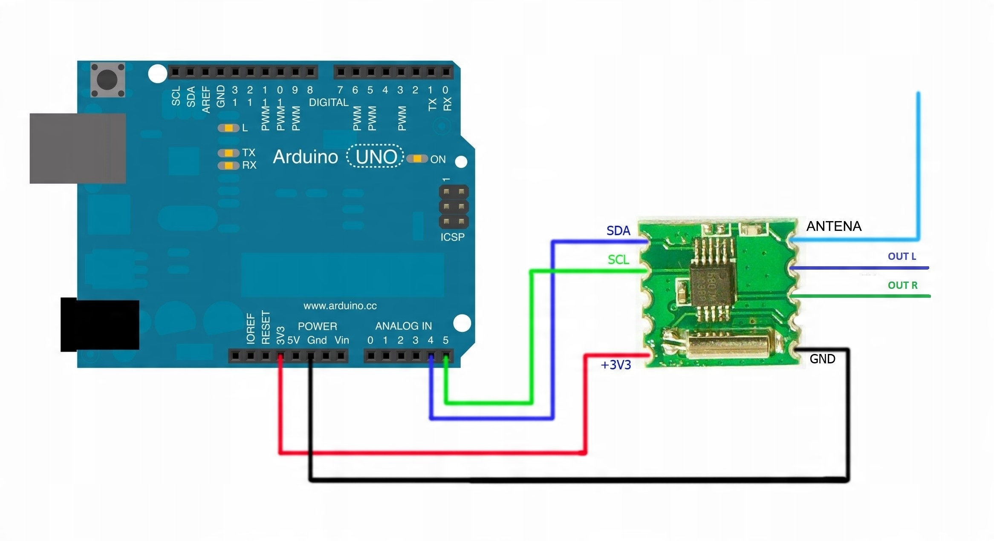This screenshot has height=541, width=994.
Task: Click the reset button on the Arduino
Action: [x=107, y=80]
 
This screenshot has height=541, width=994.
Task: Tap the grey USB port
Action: [x=78, y=148]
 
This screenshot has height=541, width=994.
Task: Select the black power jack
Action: [x=100, y=325]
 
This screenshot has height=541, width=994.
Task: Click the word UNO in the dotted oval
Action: [x=376, y=157]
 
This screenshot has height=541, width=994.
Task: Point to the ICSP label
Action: [x=452, y=237]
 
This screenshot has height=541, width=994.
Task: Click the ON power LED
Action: [x=417, y=159]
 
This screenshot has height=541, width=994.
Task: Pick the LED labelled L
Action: [x=228, y=128]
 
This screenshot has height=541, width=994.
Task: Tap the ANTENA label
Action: [x=834, y=226]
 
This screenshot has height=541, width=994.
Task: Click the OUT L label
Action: [x=902, y=256]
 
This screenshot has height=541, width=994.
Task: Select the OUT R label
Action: [x=902, y=285]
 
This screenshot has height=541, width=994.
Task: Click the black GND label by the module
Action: [x=822, y=359]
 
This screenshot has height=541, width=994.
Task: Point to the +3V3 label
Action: [x=615, y=365]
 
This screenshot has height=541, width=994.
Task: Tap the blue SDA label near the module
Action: [x=618, y=231]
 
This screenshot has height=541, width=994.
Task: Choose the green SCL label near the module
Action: [x=618, y=259]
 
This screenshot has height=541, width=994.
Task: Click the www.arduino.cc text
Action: [x=340, y=306]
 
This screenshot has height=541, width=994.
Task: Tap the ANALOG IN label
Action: [x=403, y=326]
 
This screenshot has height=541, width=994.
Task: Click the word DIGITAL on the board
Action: [x=328, y=103]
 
